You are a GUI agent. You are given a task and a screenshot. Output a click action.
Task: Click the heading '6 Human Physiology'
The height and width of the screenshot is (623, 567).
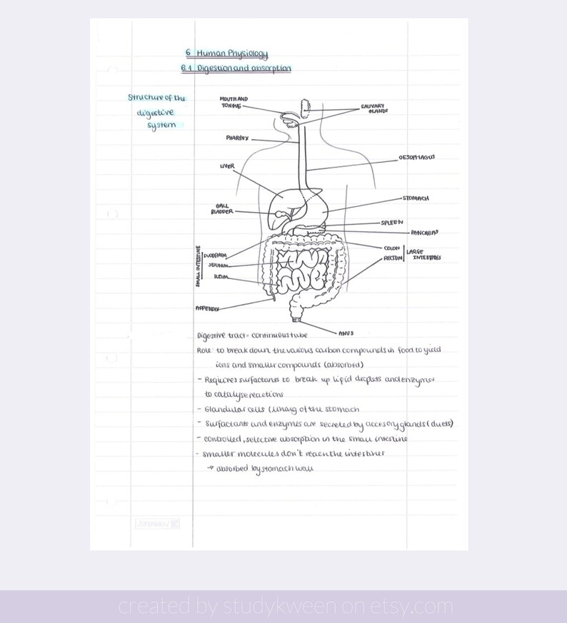(x=226, y=54)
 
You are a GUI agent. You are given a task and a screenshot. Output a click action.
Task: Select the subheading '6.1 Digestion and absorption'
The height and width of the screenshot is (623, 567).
(x=236, y=69)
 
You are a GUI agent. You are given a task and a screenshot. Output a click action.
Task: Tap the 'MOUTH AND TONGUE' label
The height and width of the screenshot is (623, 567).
(x=234, y=102)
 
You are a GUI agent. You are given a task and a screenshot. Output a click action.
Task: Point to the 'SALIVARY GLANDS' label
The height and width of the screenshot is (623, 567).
(x=377, y=108)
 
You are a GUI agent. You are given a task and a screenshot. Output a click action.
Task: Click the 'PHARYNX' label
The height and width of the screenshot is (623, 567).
(x=237, y=138)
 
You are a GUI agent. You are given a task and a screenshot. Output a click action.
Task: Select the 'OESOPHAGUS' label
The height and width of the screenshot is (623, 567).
(x=416, y=158)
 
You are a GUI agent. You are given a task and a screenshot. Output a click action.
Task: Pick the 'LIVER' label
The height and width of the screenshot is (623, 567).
(x=227, y=166)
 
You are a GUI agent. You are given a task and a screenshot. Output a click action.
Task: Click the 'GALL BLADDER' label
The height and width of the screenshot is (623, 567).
(x=221, y=208)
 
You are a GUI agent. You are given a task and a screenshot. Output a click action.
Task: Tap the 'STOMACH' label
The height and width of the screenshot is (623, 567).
(x=416, y=198)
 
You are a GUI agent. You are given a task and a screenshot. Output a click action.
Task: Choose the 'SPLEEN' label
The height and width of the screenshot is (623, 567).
(x=392, y=223)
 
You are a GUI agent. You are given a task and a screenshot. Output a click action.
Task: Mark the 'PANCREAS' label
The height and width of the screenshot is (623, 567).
(x=424, y=233)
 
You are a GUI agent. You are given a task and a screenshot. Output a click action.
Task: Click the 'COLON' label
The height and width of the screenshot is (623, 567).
(x=391, y=248)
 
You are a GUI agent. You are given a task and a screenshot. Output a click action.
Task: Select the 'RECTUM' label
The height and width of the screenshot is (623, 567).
(x=393, y=258)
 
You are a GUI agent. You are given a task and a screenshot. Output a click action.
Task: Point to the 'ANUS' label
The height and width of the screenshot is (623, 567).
(x=346, y=333)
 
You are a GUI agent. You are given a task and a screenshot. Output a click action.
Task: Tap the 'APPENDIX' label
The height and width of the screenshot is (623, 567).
(x=207, y=308)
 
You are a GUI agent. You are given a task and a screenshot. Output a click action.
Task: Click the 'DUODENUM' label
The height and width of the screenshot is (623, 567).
(x=215, y=255)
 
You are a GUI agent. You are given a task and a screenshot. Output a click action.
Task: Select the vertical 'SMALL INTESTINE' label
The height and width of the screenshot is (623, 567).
(x=198, y=266)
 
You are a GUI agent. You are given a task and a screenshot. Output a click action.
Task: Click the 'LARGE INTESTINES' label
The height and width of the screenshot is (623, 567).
(x=423, y=254)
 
